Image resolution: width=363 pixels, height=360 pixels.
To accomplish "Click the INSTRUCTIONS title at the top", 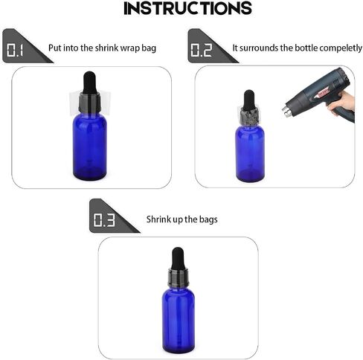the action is pyautogui.click(x=187, y=8).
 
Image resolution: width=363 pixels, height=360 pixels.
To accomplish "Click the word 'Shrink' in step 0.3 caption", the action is pyautogui.click(x=157, y=219).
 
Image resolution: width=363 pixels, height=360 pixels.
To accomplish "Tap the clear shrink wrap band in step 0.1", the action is pyautogui.click(x=90, y=103).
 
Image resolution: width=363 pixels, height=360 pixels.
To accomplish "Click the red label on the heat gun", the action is pyautogui.click(x=322, y=94).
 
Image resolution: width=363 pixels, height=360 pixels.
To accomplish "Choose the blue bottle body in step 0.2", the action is pyautogui.click(x=250, y=153).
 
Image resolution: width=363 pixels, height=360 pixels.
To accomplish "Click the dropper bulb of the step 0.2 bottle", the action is pyautogui.click(x=249, y=100).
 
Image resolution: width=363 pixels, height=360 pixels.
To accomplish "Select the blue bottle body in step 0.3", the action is pyautogui.click(x=179, y=320).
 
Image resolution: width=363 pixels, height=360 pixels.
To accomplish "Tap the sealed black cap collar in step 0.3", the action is pyautogui.click(x=179, y=277).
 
